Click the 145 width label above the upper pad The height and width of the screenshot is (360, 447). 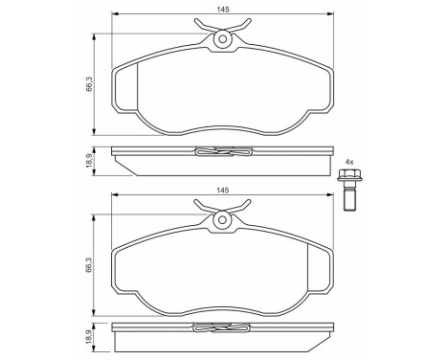click(x=223, y=9)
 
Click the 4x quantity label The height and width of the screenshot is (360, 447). click(x=350, y=160)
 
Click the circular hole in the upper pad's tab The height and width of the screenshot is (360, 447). click(x=223, y=40)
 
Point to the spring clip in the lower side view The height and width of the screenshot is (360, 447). click(x=223, y=330)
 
